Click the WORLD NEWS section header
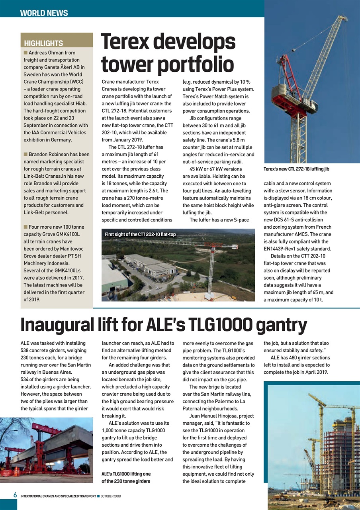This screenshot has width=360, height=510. pos(44,13)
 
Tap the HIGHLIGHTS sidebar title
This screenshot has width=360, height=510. pos(43,43)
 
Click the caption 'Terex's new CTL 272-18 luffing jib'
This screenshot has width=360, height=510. pos(296,169)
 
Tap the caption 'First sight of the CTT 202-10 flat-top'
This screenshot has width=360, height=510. pos(140,234)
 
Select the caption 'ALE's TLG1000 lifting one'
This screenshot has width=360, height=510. pos(126,474)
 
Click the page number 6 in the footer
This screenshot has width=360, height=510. pos(15,495)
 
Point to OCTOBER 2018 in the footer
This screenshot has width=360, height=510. pos(111,496)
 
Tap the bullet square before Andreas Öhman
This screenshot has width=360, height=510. pos(25,53)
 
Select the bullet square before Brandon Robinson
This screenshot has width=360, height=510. pos(25,154)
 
